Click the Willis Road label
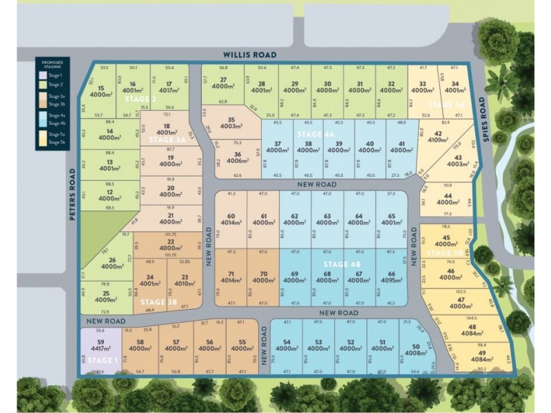pyautogui.click(x=249, y=55)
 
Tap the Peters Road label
pyautogui.click(x=72, y=194)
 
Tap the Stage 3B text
pyautogui.click(x=158, y=301)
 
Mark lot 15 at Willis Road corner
pyautogui.click(x=101, y=92)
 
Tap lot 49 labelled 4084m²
pyautogui.click(x=481, y=357)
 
